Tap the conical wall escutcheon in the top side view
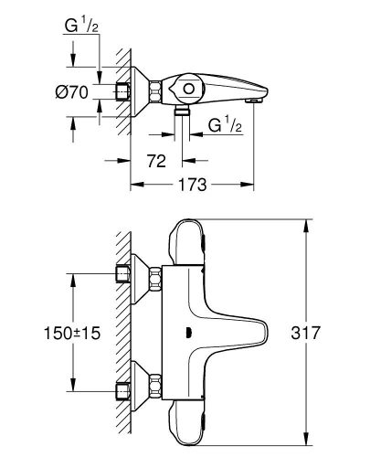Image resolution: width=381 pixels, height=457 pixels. (142, 91)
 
